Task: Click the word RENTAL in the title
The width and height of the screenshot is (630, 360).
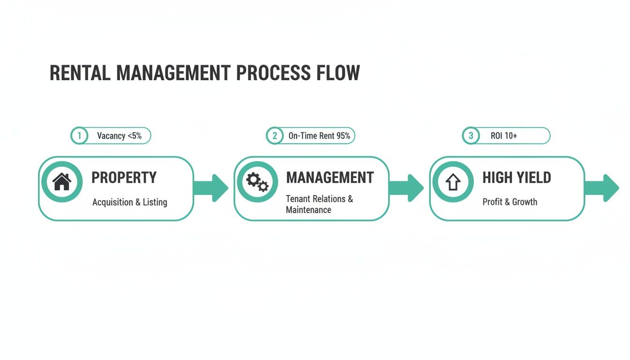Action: pos(80,74)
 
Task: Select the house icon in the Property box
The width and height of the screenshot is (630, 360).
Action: pos(61,182)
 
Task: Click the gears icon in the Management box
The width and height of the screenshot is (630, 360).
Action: pos(257,182)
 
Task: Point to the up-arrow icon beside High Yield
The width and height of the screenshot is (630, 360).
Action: pos(453,182)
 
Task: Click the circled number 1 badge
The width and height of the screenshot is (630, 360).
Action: pos(79,136)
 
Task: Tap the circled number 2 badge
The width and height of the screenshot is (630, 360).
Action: pos(275,136)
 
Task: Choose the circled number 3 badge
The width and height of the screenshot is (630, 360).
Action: pos(471,136)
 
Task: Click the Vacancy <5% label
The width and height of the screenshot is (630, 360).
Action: pos(119,136)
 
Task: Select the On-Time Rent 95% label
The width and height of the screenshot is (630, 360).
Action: pos(319,136)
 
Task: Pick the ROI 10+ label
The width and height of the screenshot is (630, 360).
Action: pos(504,136)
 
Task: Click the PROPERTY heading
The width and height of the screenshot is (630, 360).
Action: pos(124,178)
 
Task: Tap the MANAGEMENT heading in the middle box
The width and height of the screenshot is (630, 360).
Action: pos(330,178)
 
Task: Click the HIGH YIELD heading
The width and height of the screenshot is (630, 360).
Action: pos(517,178)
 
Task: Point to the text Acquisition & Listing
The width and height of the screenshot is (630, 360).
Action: pos(129,202)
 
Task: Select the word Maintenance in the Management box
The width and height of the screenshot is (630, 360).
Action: pos(308,210)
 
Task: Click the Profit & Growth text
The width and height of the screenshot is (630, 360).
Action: pos(510,202)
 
